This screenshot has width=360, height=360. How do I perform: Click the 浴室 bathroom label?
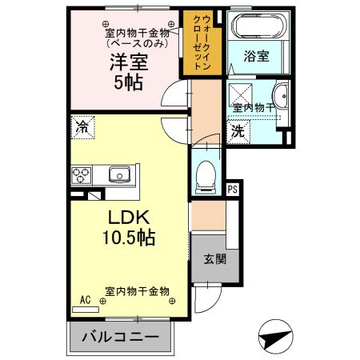(x=257, y=58)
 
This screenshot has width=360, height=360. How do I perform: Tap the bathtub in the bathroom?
(x=257, y=26)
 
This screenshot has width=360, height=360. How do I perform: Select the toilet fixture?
(x=206, y=177)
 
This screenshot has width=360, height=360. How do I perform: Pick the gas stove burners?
(x=82, y=174)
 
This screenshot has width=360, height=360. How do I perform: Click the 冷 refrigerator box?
(x=82, y=126)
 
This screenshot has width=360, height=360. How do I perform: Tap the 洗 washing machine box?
(x=238, y=131)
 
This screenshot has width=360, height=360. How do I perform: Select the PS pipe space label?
(x=233, y=190)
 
